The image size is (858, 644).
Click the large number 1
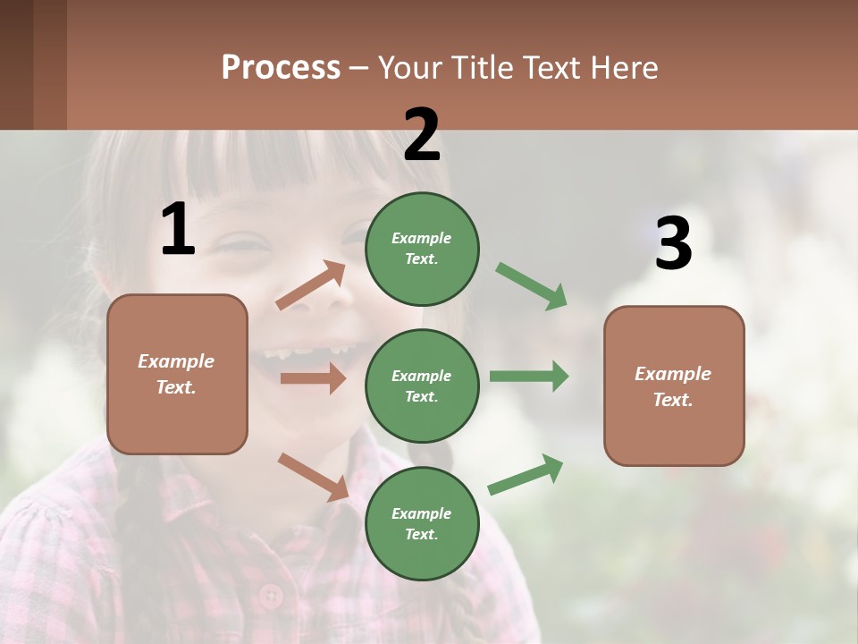point(178,229)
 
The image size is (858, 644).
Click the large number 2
point(422,135)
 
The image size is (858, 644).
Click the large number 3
point(673,244)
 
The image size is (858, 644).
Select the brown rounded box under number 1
point(177,374)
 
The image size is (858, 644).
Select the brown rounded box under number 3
point(674,386)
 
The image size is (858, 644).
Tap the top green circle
point(422,248)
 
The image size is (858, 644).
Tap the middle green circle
point(422,386)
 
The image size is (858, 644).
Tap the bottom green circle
point(422,523)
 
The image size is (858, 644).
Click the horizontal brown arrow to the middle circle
point(313,378)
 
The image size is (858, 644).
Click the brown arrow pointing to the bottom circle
point(313,477)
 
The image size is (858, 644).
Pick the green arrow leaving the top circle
point(532,286)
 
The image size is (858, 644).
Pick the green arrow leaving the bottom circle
point(526,475)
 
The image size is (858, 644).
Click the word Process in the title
point(281,67)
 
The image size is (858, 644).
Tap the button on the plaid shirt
point(269,594)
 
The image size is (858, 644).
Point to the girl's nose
point(313,304)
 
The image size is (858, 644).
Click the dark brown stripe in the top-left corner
point(16,64)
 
